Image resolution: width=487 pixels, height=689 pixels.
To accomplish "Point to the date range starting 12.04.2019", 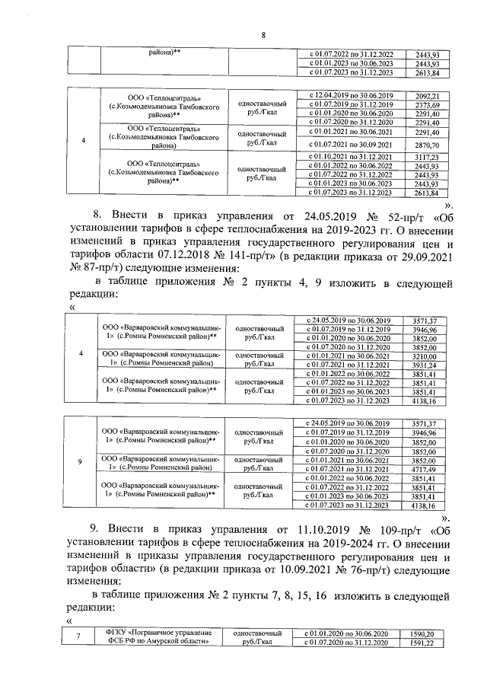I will (x=349, y=95).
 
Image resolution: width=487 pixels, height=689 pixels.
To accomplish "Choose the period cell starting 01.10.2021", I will (x=349, y=157).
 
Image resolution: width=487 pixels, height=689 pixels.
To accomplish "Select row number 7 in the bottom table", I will (x=80, y=638).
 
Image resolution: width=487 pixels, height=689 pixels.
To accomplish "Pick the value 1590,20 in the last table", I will (x=422, y=633).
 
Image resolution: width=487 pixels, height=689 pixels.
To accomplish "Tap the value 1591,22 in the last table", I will (x=422, y=643).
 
